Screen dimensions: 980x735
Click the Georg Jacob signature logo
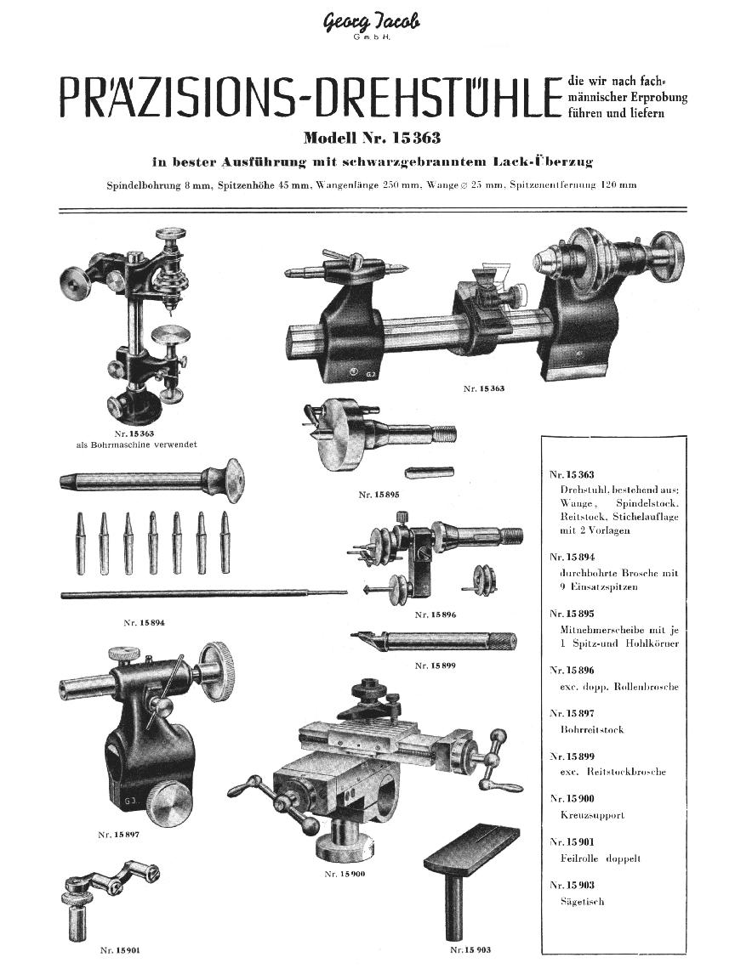pyautogui.click(x=371, y=23)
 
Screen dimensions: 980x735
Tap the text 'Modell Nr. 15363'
pyautogui.click(x=372, y=138)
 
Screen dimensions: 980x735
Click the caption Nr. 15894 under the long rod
pyautogui.click(x=144, y=623)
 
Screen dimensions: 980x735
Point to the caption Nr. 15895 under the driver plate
pyautogui.click(x=379, y=494)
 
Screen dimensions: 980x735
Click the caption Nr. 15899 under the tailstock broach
pyautogui.click(x=434, y=666)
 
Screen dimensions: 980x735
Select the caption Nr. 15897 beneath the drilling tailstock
pyautogui.click(x=118, y=835)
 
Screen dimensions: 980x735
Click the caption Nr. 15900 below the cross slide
pyautogui.click(x=345, y=873)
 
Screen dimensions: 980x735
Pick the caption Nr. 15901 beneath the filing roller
pyautogui.click(x=120, y=949)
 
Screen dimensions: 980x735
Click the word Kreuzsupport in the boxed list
pyautogui.click(x=592, y=815)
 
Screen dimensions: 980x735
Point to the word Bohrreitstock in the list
pyautogui.click(x=592, y=729)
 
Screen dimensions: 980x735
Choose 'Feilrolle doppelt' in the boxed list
pyautogui.click(x=601, y=858)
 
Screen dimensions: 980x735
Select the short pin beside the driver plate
pyautogui.click(x=430, y=472)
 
